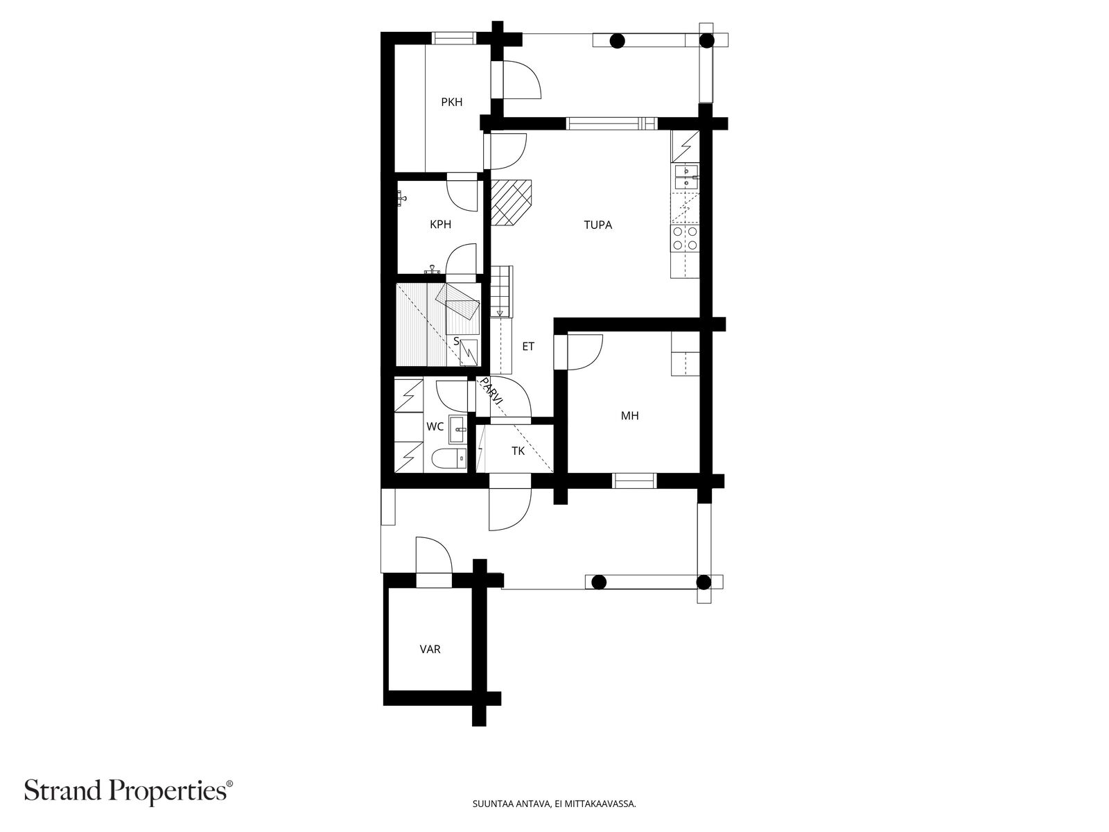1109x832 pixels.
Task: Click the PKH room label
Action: coord(452,102)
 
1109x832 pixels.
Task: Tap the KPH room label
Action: coord(441,224)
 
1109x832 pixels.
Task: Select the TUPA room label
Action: coord(598,225)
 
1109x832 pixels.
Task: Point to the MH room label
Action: coord(630,416)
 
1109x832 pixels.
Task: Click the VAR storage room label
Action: coord(430,649)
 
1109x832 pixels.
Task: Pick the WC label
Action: coord(435,427)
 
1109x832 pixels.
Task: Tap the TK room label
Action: coord(518,451)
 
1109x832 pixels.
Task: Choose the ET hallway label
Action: coord(528,347)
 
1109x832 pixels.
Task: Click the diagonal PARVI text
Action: coord(491,390)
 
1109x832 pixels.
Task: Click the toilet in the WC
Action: coord(449,458)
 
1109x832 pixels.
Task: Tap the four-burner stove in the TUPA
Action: coord(685,239)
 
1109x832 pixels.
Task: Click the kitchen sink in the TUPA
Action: coord(686,177)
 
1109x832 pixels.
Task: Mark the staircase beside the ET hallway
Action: coord(502,291)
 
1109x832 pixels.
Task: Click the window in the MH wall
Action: coord(635,481)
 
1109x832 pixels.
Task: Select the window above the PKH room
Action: coord(454,38)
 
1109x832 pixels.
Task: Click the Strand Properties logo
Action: coord(129,790)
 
